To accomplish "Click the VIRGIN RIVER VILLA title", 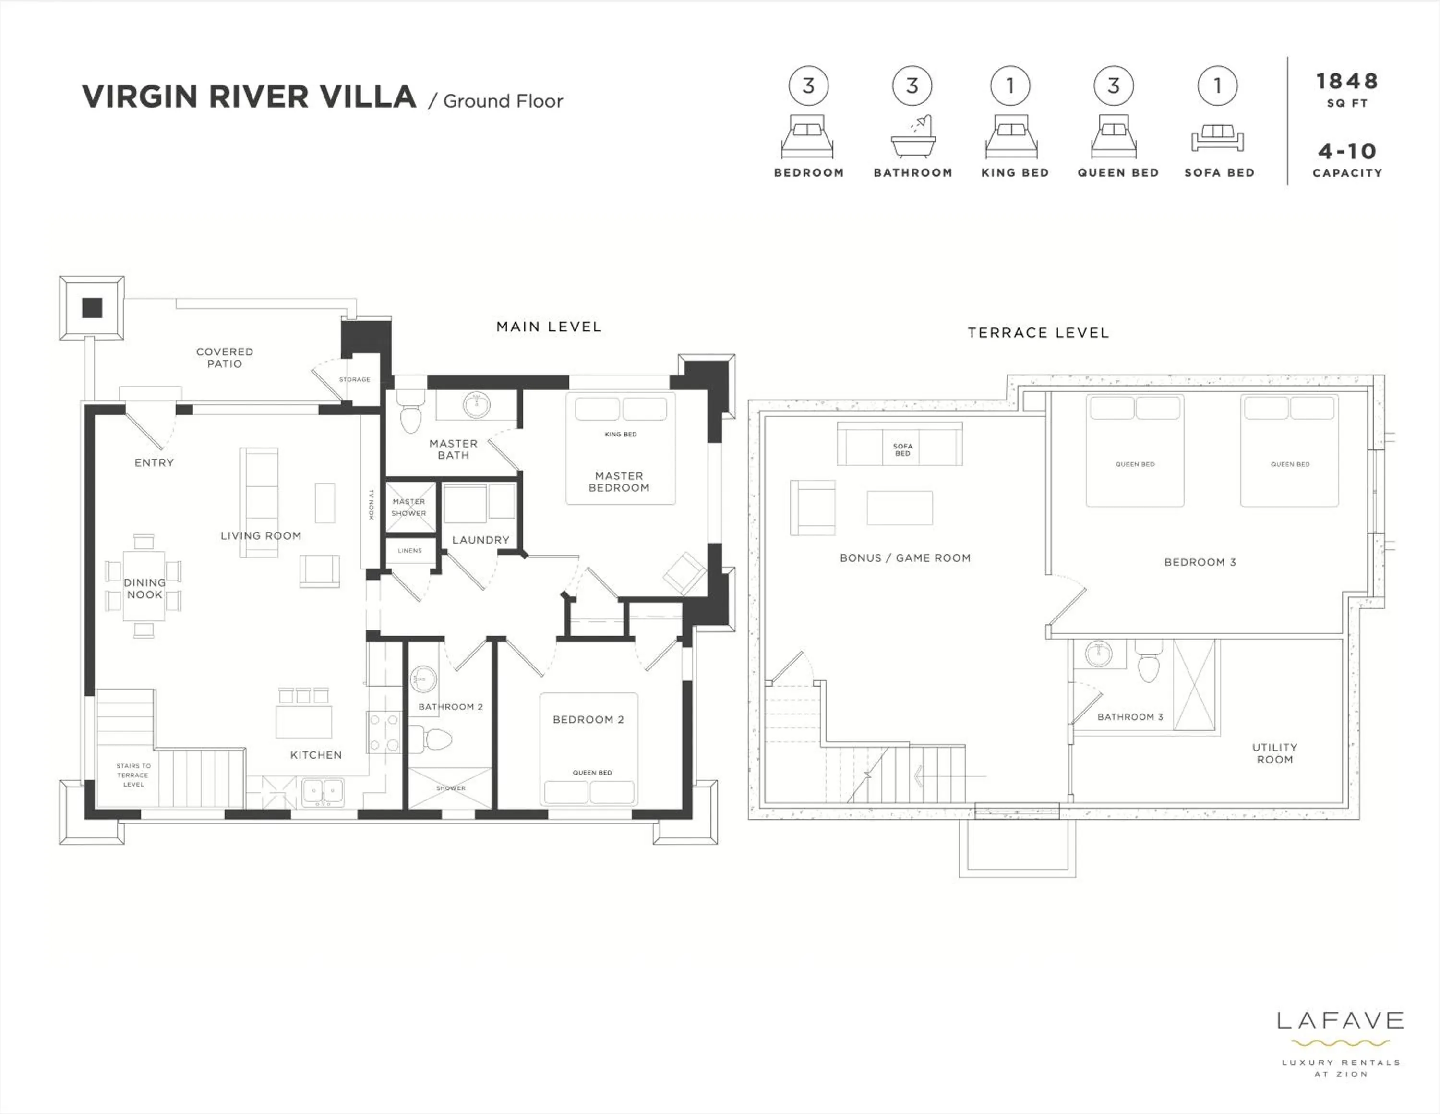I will coord(249,97).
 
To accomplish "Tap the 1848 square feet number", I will coord(1346,81).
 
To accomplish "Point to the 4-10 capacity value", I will coord(1346,152).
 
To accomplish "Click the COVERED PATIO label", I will coord(224,357).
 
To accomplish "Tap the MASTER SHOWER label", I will coord(409,507).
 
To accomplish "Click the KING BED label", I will coord(621,434).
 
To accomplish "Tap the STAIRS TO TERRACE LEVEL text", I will coord(133,775).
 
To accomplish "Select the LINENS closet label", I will coord(409,551).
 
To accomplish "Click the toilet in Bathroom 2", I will coord(435,739).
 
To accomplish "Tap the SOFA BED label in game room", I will coord(902,450).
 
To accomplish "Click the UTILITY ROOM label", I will coord(1274,753).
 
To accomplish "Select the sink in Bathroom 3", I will coord(1098,654).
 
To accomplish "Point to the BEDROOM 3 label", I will coord(1200,562).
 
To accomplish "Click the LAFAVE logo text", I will coord(1340,1021).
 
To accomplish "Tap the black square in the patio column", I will coord(92,308).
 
